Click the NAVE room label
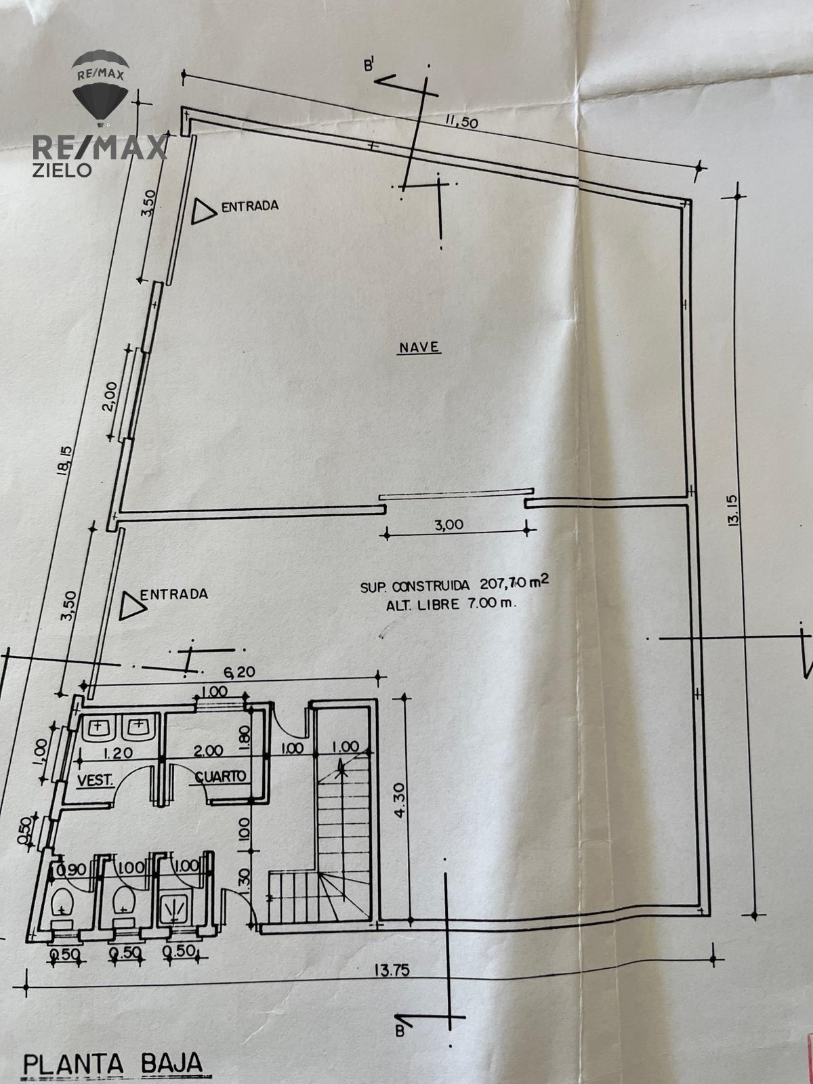[x=419, y=347]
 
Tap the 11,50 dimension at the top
[x=461, y=121]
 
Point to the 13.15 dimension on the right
[x=732, y=511]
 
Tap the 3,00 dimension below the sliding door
[x=449, y=524]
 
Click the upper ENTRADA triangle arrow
[x=203, y=211]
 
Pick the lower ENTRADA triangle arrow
[x=132, y=606]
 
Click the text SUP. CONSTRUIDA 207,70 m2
[x=455, y=585]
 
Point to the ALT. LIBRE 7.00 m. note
[x=451, y=604]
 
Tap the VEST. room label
[x=96, y=780]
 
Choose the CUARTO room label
[x=221, y=776]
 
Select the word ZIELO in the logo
[x=62, y=170]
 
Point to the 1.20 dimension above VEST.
[x=117, y=753]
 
